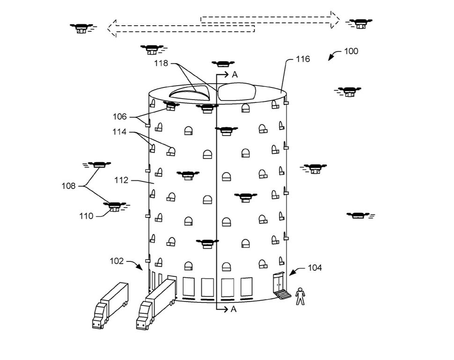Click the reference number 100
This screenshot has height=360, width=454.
(x=351, y=51)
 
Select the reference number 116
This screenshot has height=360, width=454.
(x=302, y=59)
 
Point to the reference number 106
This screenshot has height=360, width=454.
(x=120, y=116)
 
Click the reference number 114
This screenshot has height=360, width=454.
(x=119, y=132)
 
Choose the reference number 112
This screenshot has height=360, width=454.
(x=121, y=180)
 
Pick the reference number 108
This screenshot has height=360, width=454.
(x=69, y=186)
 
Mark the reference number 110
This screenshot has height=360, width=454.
(x=87, y=216)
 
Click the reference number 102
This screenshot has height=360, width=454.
(x=117, y=261)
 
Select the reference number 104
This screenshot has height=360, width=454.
(x=315, y=268)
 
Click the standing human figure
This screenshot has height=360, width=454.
(x=300, y=296)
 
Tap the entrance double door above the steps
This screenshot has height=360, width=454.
(x=279, y=282)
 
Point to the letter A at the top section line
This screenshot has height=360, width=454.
(x=234, y=75)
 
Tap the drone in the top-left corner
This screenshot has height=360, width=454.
(x=81, y=28)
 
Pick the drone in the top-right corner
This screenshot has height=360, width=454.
(x=360, y=23)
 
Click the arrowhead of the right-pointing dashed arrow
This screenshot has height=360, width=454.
(x=334, y=19)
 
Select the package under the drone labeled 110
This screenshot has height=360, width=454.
(x=114, y=209)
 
